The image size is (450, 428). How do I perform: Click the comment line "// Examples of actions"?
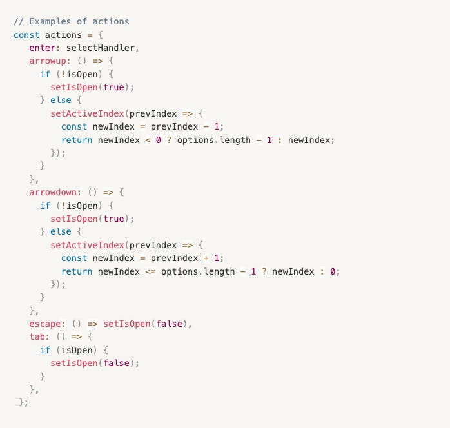click(71, 21)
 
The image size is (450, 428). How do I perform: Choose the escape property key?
click(44, 324)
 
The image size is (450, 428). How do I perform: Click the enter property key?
click(42, 48)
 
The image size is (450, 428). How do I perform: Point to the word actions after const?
click(63, 35)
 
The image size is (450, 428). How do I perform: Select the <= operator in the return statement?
click(150, 271)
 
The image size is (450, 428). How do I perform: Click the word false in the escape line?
click(174, 324)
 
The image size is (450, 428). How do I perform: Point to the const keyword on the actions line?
click(26, 35)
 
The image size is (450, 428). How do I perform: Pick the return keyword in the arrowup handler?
click(77, 140)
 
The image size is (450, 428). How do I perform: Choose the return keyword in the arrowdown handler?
click(77, 271)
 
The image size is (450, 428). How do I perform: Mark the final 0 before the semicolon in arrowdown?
click(333, 271)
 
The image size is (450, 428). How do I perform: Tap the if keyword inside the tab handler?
click(44, 350)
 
